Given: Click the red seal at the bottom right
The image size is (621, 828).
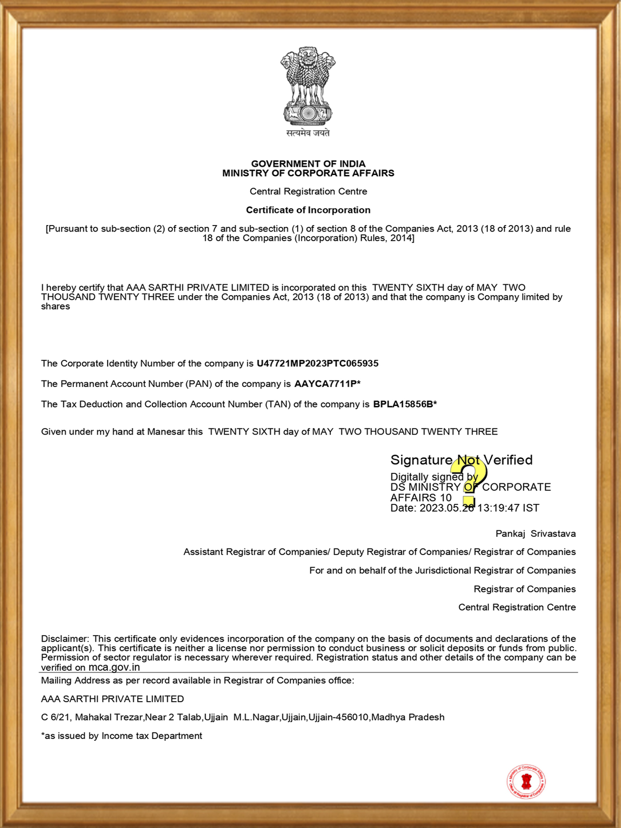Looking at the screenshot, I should tap(526, 781).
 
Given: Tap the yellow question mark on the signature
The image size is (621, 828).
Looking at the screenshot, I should tap(469, 480).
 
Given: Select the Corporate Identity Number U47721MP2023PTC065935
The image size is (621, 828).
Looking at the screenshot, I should tap(317, 363).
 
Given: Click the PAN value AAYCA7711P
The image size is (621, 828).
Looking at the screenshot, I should tap(325, 384).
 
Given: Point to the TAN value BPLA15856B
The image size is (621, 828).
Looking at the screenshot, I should tap(403, 404).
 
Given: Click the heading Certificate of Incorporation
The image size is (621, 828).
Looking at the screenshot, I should tap(308, 210).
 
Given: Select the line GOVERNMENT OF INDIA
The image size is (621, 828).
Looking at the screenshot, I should tap(308, 164).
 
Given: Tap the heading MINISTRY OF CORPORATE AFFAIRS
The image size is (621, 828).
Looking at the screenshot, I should tap(308, 173).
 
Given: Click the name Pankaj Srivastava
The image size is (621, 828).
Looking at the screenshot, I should tap(535, 534).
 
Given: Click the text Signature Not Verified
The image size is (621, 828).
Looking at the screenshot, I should tap(461, 460).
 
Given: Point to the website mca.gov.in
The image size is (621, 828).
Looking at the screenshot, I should tap(114, 667).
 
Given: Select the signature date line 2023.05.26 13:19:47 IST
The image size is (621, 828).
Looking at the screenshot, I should tap(465, 508).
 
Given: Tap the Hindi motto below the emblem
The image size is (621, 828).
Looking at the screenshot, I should tap(308, 133).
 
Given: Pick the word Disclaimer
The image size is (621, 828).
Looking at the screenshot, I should tap(65, 639).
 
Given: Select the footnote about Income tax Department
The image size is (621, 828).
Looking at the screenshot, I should tap(121, 736).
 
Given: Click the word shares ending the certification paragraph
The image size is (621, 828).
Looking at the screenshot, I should tap(55, 307).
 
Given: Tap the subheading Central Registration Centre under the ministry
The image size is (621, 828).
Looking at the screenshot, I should tap(308, 191).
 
